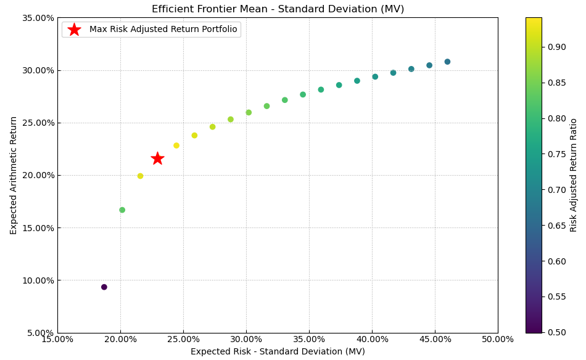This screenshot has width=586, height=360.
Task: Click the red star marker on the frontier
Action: (x=157, y=158)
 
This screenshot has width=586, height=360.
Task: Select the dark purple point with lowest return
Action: (x=104, y=287)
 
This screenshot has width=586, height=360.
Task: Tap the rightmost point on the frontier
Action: (x=447, y=62)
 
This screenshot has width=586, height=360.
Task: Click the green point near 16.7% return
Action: (x=122, y=210)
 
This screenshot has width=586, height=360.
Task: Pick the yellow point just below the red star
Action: (x=140, y=176)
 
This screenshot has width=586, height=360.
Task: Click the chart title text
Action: (x=278, y=9)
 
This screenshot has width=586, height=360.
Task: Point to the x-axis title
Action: (x=278, y=351)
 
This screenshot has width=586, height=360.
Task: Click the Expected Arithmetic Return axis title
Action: (x=14, y=175)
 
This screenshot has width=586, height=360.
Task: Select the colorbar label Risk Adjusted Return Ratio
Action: (x=574, y=175)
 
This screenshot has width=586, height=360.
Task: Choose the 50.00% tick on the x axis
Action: (x=497, y=340)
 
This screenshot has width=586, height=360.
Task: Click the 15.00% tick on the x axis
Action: (x=57, y=340)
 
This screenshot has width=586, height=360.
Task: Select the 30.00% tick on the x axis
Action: (x=246, y=340)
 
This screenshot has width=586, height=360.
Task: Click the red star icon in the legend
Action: (x=74, y=30)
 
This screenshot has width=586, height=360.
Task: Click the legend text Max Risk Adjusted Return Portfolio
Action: (x=163, y=30)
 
